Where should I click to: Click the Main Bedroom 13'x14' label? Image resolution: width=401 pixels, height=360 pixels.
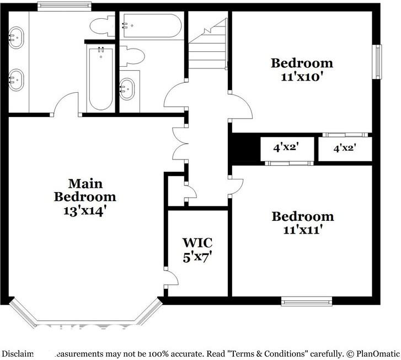pyautogui.click(x=85, y=197)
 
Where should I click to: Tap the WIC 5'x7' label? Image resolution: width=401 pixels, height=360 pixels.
pyautogui.click(x=197, y=250)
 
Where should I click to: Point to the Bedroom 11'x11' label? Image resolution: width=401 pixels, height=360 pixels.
pyautogui.click(x=302, y=222)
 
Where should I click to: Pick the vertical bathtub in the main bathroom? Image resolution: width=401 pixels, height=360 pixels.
pyautogui.click(x=100, y=77)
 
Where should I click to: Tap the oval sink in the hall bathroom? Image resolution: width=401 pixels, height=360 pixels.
pyautogui.click(x=127, y=88)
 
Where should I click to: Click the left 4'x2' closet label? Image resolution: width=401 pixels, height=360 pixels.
pyautogui.click(x=286, y=147)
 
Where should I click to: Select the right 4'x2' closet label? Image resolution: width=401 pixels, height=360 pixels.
pyautogui.click(x=344, y=147)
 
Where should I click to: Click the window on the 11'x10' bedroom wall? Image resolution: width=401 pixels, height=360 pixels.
pyautogui.click(x=378, y=61)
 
